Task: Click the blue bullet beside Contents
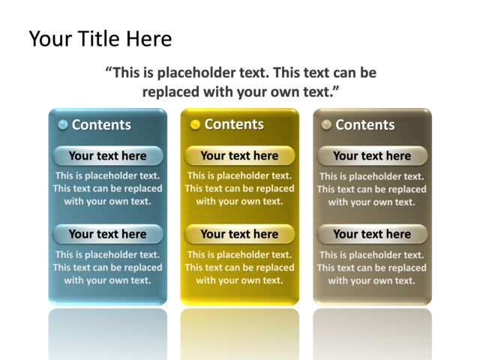tap(63, 124)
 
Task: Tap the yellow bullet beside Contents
tap(195, 124)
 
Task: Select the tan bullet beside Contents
tap(326, 124)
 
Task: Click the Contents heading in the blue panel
tap(101, 125)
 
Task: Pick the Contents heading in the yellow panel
tap(234, 124)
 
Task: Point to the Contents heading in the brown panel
tap(365, 125)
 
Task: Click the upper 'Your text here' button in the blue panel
tap(108, 156)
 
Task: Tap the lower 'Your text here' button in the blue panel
tap(108, 234)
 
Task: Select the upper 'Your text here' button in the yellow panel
tap(240, 156)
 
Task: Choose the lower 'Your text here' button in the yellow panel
tap(240, 234)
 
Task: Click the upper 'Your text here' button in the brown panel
tap(372, 156)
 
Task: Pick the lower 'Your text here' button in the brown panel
tap(372, 234)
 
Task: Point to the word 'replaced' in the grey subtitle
tap(170, 91)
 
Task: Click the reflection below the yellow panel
tap(240, 334)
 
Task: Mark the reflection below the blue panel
tap(108, 334)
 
